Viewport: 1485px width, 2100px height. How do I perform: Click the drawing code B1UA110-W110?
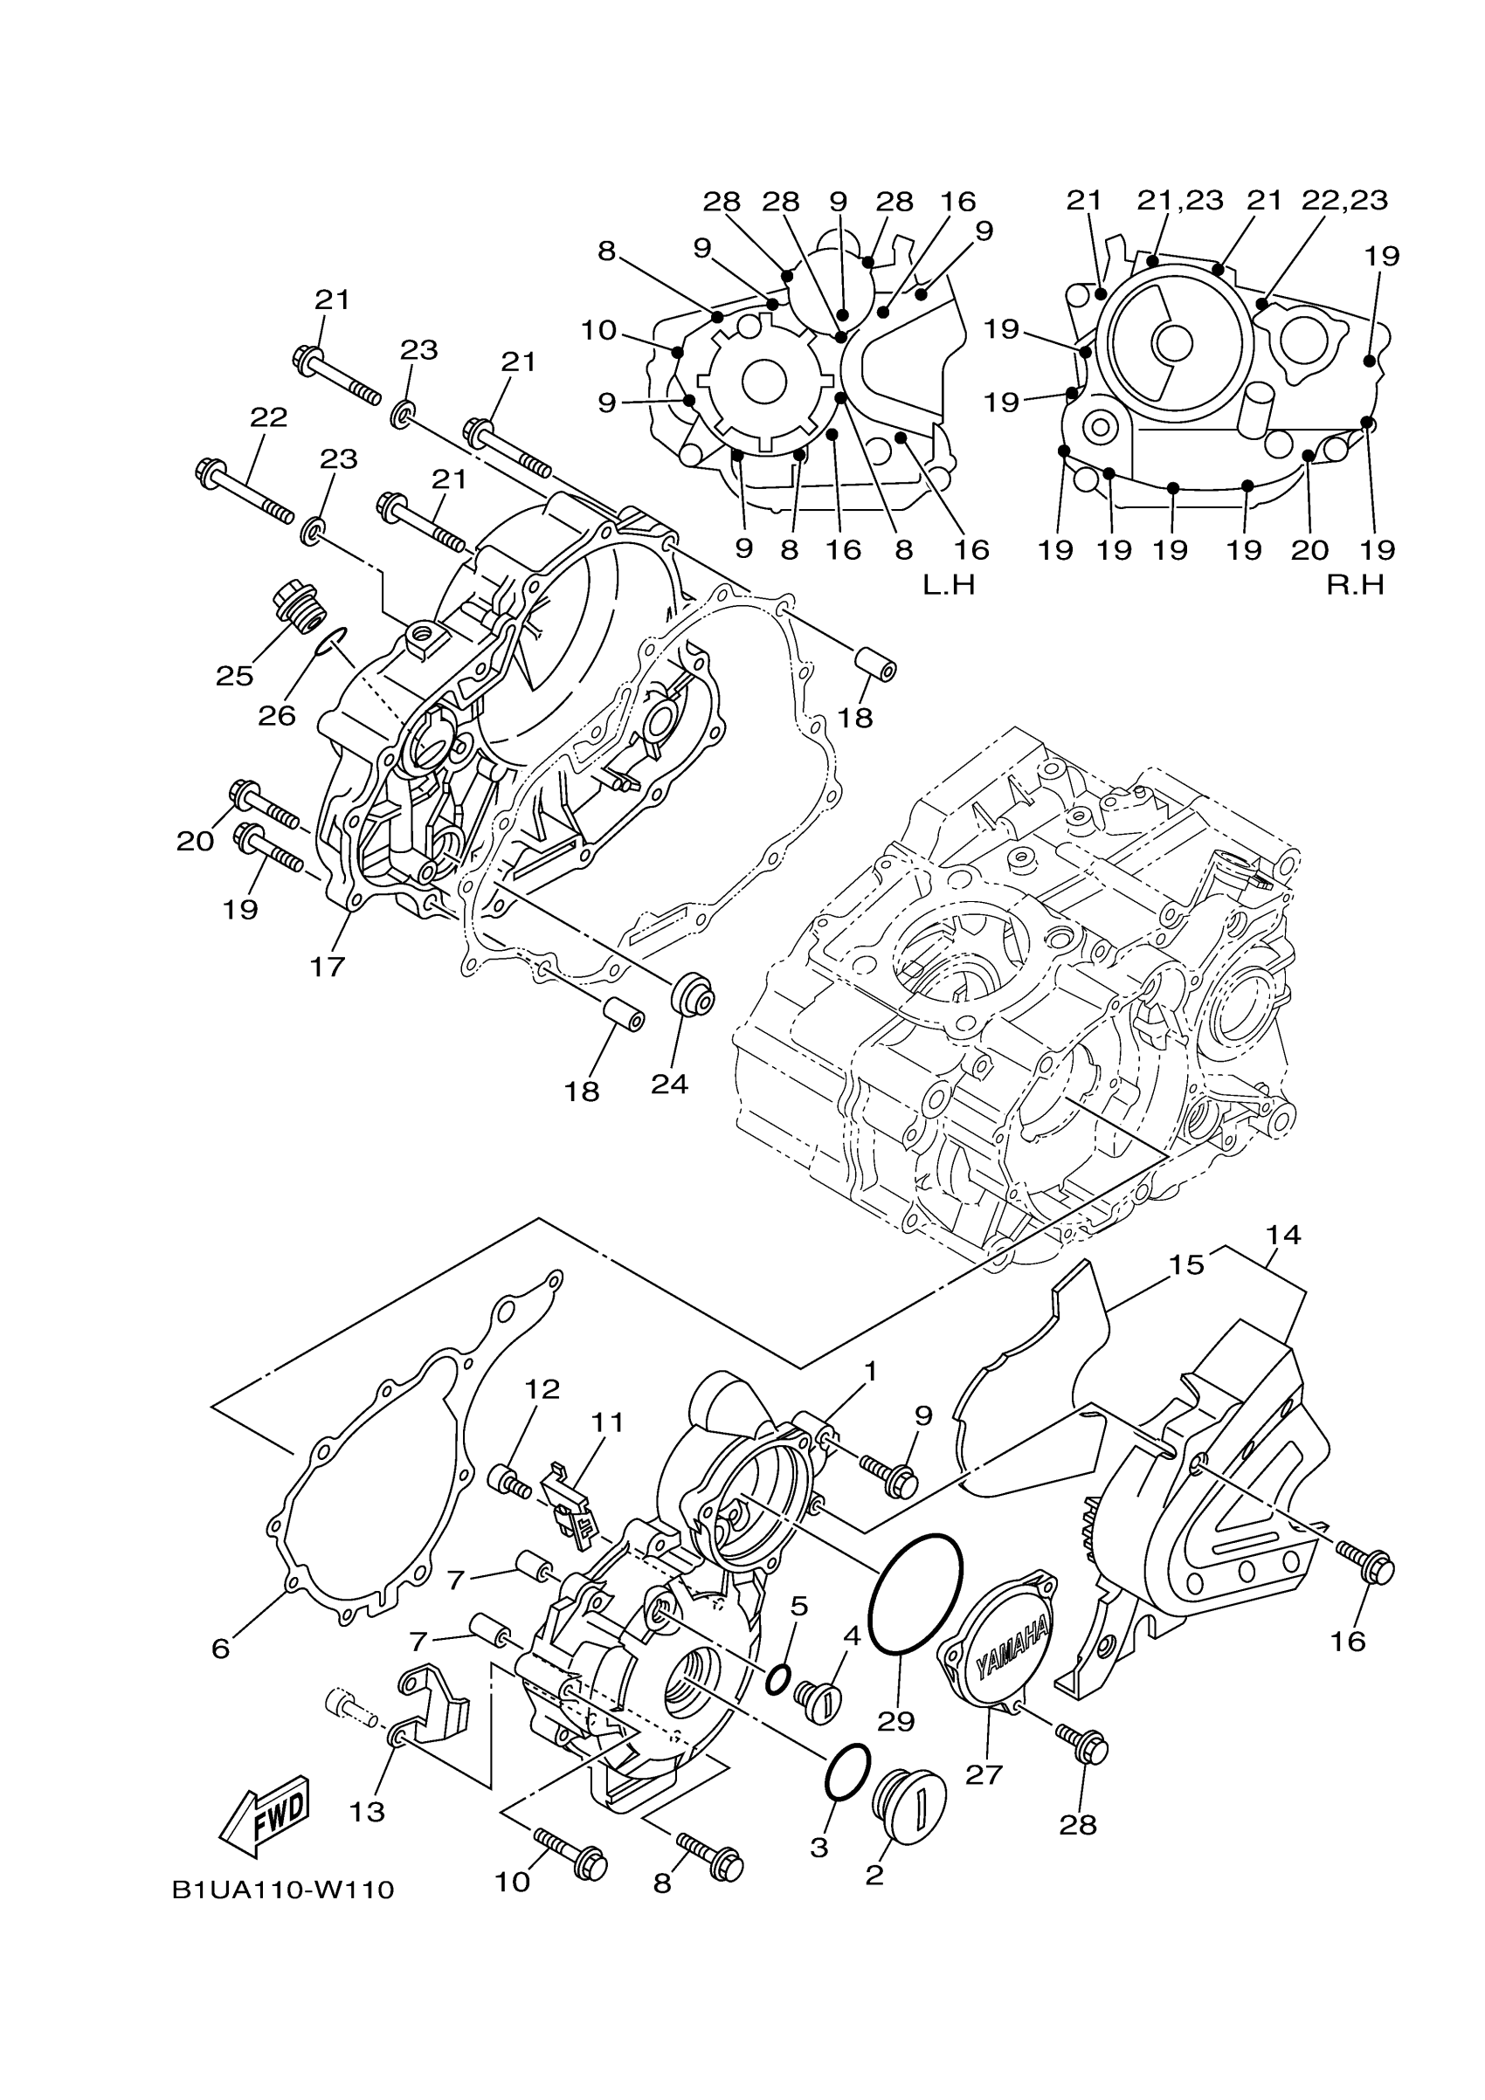[283, 1890]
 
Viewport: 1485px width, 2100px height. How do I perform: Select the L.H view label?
[949, 585]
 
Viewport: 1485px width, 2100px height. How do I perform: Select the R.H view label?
[1356, 585]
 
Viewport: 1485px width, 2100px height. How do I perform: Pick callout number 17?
[327, 966]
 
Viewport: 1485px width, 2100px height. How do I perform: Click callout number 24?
[670, 1084]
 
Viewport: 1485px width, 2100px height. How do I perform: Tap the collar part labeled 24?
[693, 995]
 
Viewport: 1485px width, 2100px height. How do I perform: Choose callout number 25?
[234, 676]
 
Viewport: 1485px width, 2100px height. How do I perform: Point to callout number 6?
[220, 1649]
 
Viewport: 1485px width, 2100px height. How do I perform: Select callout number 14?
[1283, 1235]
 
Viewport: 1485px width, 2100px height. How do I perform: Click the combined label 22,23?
[1344, 200]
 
